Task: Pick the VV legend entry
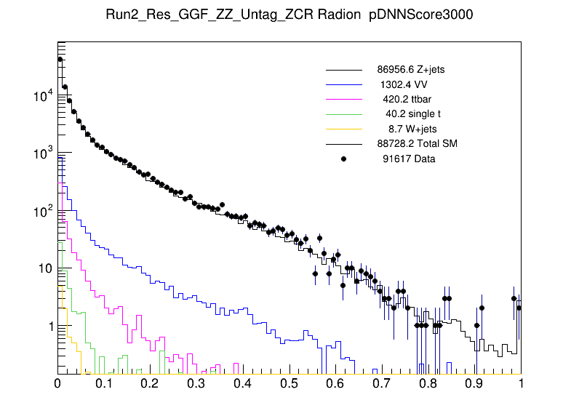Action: click(406, 84)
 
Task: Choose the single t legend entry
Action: click(413, 113)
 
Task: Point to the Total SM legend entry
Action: click(416, 143)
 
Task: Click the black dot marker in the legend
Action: click(344, 158)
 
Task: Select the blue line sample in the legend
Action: click(344, 84)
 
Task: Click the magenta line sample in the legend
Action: click(344, 99)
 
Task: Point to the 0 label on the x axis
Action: click(58, 383)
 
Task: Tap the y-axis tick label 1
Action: click(49, 327)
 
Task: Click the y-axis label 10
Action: click(44, 269)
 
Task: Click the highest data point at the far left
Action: click(60, 59)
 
